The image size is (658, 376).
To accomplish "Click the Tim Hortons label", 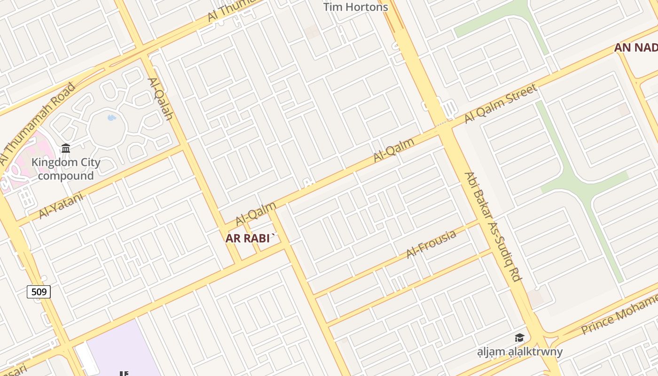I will pyautogui.click(x=356, y=7).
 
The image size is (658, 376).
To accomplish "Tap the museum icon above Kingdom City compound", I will pyautogui.click(x=66, y=149).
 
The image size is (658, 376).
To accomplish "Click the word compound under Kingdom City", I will pyautogui.click(x=66, y=176).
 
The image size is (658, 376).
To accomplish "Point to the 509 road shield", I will pyautogui.click(x=39, y=292).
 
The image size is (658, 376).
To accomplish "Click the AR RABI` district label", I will pyautogui.click(x=249, y=238).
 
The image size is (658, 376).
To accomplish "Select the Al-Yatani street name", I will pyautogui.click(x=61, y=205).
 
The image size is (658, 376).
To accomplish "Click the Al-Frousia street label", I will pyautogui.click(x=431, y=243).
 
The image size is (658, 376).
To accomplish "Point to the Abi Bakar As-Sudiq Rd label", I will pyautogui.click(x=493, y=227).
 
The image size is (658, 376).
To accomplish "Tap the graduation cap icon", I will pyautogui.click(x=519, y=337).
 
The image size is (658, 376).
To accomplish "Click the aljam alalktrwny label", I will pyautogui.click(x=520, y=352).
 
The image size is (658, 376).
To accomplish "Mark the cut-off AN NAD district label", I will pyautogui.click(x=636, y=47).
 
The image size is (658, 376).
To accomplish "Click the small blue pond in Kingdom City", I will pyautogui.click(x=111, y=117).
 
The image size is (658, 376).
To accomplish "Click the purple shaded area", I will pyautogui.click(x=122, y=350).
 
